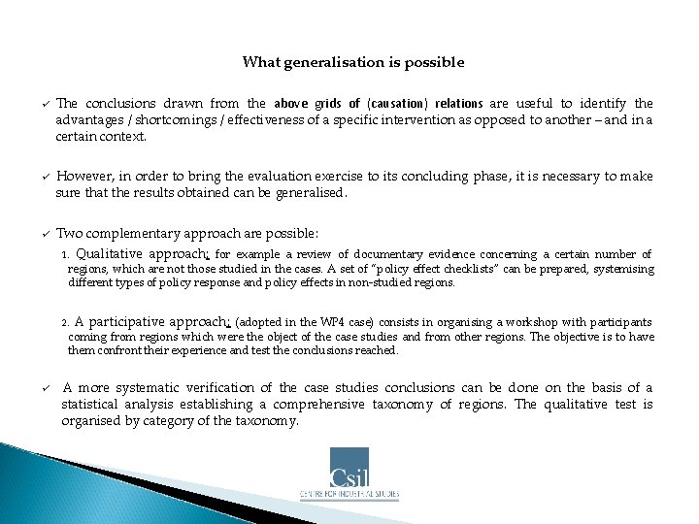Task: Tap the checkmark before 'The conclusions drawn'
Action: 45,104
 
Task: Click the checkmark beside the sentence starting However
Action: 45,178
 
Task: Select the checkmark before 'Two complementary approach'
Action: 45,235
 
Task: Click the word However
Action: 83,177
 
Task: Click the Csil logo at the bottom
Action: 349,469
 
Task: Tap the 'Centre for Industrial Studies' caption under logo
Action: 349,494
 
